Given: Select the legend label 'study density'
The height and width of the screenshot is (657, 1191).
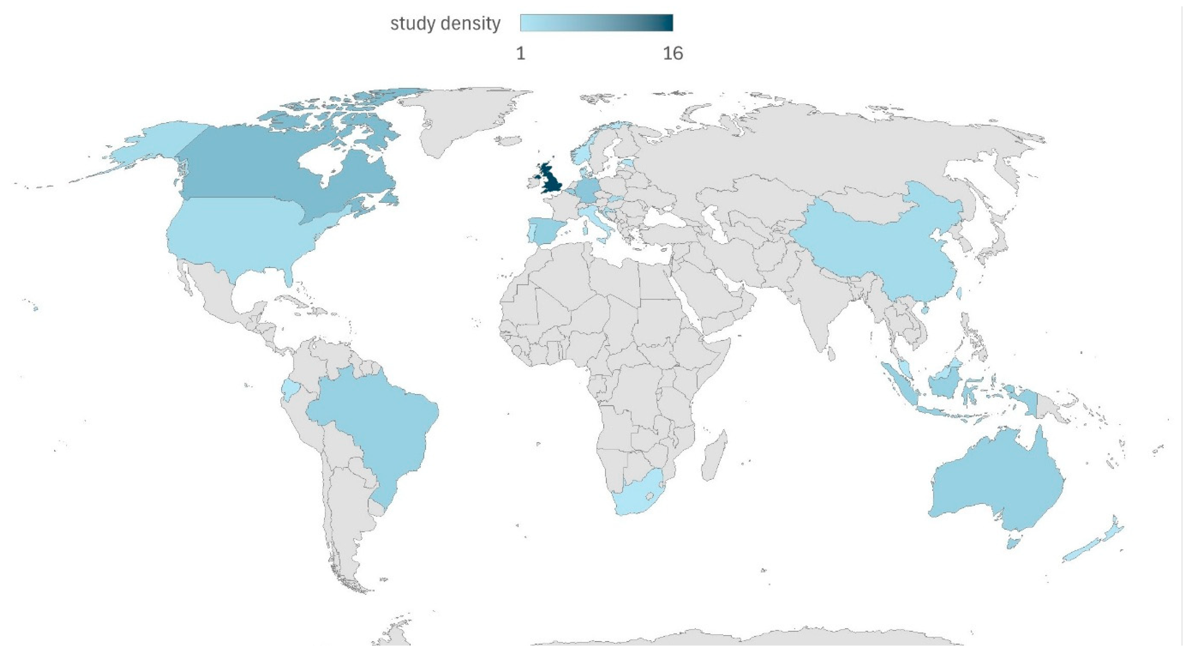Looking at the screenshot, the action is tap(445, 23).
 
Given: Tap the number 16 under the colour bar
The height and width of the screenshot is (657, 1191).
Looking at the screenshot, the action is tap(673, 54).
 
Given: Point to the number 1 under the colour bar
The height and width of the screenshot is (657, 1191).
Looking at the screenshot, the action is tap(520, 54).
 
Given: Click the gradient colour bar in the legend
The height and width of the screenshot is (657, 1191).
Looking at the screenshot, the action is tap(596, 23).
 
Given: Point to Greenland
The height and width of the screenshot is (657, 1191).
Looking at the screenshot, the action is tap(462, 116).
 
